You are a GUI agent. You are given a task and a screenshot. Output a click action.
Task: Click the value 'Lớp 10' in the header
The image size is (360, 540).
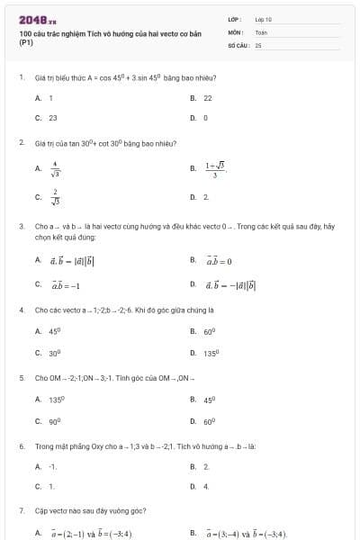[x=263, y=19]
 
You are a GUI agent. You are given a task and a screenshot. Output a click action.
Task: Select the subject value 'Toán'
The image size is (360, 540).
[x=261, y=31]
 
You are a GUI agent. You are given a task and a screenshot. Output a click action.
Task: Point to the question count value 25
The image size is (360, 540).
[x=258, y=44]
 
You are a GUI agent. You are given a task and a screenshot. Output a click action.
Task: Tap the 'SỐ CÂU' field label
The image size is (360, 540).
[x=238, y=44]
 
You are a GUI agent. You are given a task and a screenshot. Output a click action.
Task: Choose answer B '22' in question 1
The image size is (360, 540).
[x=208, y=97]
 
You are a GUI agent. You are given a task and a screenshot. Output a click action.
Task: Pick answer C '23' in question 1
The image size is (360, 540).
[x=52, y=117]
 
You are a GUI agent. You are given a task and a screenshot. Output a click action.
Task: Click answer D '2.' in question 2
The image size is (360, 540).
[x=206, y=196]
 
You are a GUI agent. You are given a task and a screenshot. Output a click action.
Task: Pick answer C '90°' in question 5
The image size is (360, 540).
[x=54, y=420]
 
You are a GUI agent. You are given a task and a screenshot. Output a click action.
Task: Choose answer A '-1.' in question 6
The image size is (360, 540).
[x=53, y=466]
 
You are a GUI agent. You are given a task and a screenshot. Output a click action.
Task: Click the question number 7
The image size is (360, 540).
[x=21, y=511]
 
